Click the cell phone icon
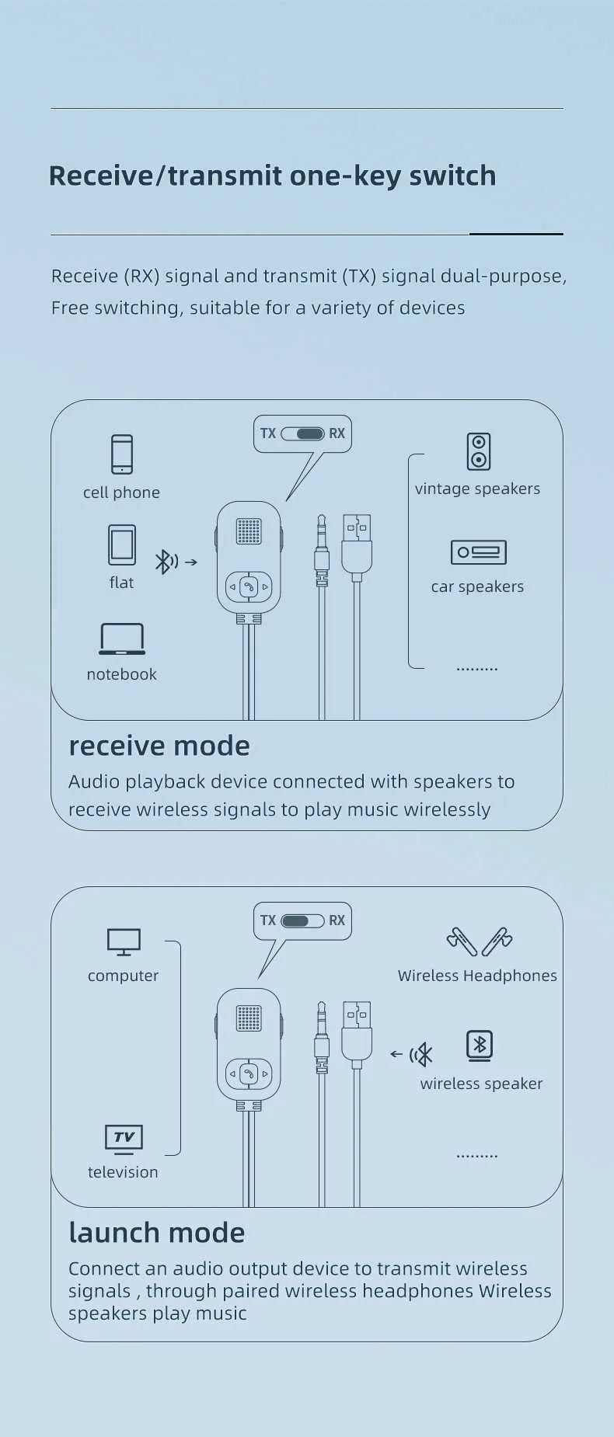pyautogui.click(x=122, y=454)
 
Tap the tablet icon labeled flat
pyautogui.click(x=122, y=545)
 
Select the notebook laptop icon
pyautogui.click(x=122, y=639)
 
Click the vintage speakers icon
pyautogui.click(x=479, y=451)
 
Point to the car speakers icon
pyautogui.click(x=479, y=552)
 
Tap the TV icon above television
pyautogui.click(x=124, y=1140)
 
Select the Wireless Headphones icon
pyautogui.click(x=480, y=941)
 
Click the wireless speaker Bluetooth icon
pyautogui.click(x=480, y=1046)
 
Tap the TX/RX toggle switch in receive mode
pyautogui.click(x=302, y=433)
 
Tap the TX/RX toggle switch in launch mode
pyautogui.click(x=302, y=920)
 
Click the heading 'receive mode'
pyautogui.click(x=159, y=746)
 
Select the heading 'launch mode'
pyautogui.click(x=157, y=1233)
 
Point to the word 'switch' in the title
pyautogui.click(x=452, y=176)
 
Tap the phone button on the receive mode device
pyautogui.click(x=249, y=586)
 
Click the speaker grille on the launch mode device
pyautogui.click(x=249, y=1018)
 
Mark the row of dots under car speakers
pyautogui.click(x=477, y=669)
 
